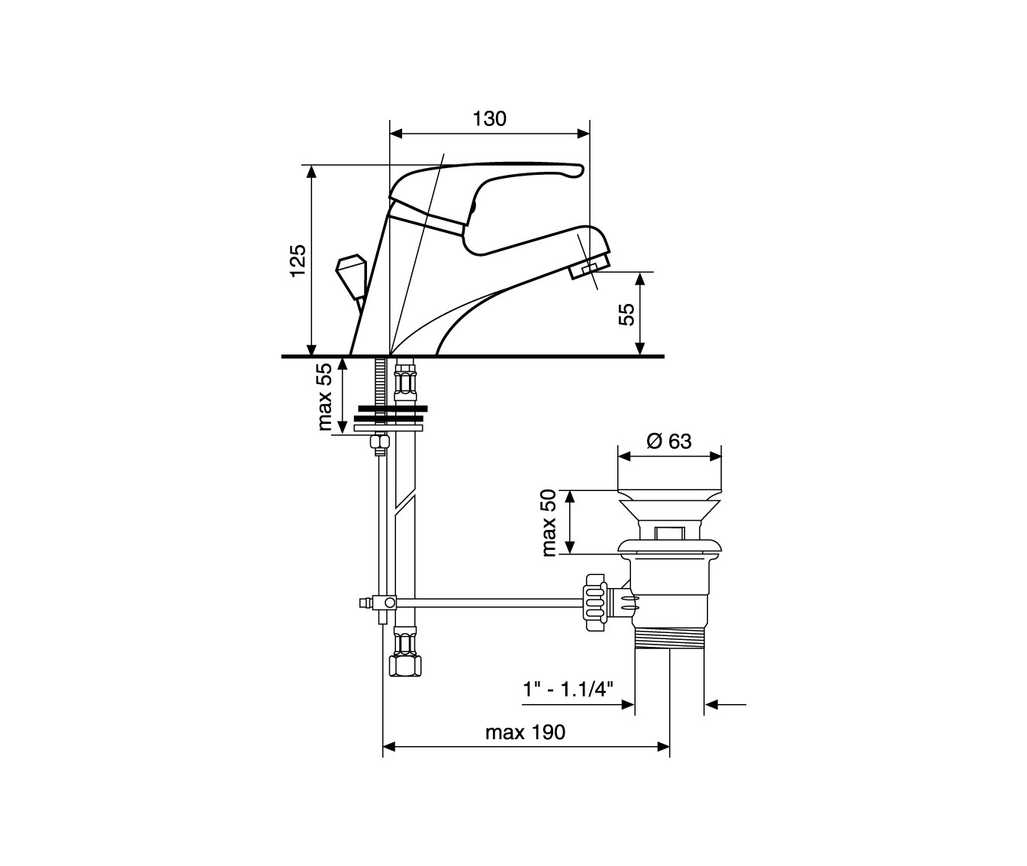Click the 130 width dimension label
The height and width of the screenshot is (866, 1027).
[489, 118]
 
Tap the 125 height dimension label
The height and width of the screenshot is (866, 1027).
[298, 260]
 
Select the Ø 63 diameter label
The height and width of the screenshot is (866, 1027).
[669, 441]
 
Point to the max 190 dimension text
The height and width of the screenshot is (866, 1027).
[525, 732]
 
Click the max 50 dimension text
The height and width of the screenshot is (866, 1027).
[549, 523]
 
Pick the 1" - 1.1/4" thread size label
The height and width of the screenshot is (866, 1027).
[568, 690]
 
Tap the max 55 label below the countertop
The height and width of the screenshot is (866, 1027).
[324, 397]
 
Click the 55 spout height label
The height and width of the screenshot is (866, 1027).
[626, 314]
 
